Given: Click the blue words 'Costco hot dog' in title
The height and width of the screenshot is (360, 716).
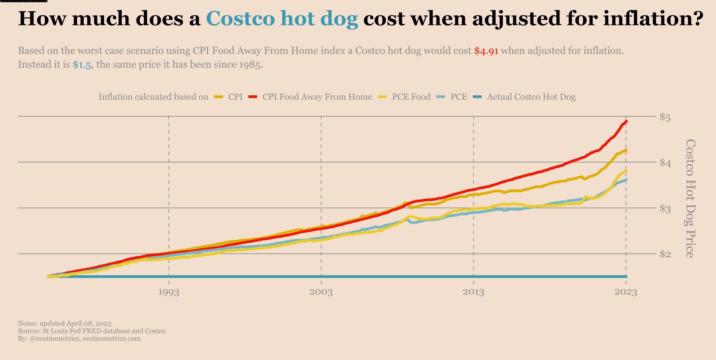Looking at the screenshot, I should [282, 19].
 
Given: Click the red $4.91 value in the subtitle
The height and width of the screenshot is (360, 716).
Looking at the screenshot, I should [486, 51].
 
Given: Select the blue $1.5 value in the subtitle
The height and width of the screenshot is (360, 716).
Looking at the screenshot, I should [82, 65].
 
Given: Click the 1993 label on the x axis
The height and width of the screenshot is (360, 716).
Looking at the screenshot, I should [169, 292].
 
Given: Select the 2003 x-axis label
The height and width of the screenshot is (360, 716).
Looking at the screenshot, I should [321, 292].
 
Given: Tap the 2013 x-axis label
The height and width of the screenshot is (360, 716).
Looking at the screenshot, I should [473, 292].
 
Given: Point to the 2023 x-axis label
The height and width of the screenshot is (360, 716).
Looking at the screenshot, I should [626, 292].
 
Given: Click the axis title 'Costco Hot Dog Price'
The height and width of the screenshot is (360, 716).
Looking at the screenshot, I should [690, 198].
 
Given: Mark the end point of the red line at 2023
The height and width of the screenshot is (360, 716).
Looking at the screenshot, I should [626, 122].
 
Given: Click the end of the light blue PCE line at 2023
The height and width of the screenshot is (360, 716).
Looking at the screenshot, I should [626, 180].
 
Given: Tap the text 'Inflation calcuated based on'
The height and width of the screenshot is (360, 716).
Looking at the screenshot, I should [153, 97].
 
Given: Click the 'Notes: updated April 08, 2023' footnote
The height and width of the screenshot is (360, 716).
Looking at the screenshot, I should [64, 323].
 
